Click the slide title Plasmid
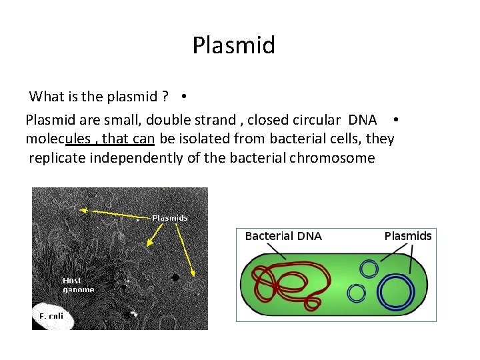tap(233, 46)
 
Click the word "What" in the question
tap(46, 97)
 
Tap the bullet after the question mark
tap(183, 96)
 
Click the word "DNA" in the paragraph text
tap(363, 120)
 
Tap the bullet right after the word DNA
tap(396, 120)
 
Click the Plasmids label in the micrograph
tap(169, 218)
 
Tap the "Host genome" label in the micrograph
tap(78, 285)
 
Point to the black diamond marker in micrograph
tap(175, 277)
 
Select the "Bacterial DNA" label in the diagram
tap(283, 236)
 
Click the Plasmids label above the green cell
tap(408, 236)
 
